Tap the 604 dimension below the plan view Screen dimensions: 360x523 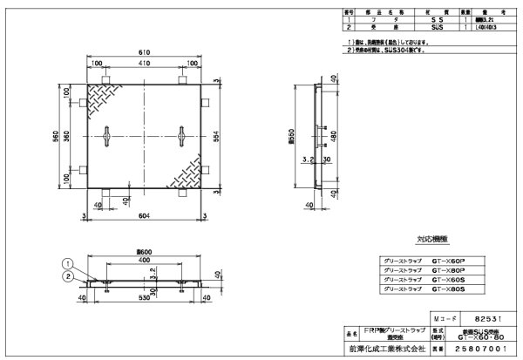(144, 215)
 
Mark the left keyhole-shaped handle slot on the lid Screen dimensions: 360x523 (105, 137)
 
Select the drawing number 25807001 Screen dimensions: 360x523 (487, 349)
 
